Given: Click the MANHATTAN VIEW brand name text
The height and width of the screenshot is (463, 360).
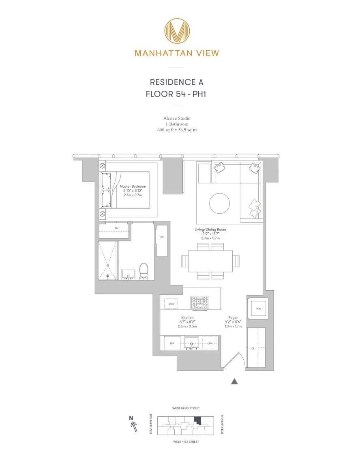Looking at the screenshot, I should coord(177,53).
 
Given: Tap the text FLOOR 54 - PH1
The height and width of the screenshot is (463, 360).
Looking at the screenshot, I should coord(176,94).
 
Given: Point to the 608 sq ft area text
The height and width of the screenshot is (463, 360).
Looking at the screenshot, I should coord(176,130).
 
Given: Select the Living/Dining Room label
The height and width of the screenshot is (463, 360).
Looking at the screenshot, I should coord(210,229).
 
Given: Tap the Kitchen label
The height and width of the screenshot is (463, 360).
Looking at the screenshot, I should coord(187,317).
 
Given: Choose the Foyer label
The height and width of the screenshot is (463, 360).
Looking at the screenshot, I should coord(233,317).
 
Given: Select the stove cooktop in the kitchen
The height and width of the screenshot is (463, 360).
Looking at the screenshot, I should coord(200,302).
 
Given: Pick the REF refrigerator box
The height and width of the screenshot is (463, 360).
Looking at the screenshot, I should coord(172,343).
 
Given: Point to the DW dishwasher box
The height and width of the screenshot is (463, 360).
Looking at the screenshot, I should coord(210,343).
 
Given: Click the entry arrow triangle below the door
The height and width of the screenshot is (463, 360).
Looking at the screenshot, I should coord(234,381).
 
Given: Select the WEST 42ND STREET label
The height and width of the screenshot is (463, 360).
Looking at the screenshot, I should coord(186,408).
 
